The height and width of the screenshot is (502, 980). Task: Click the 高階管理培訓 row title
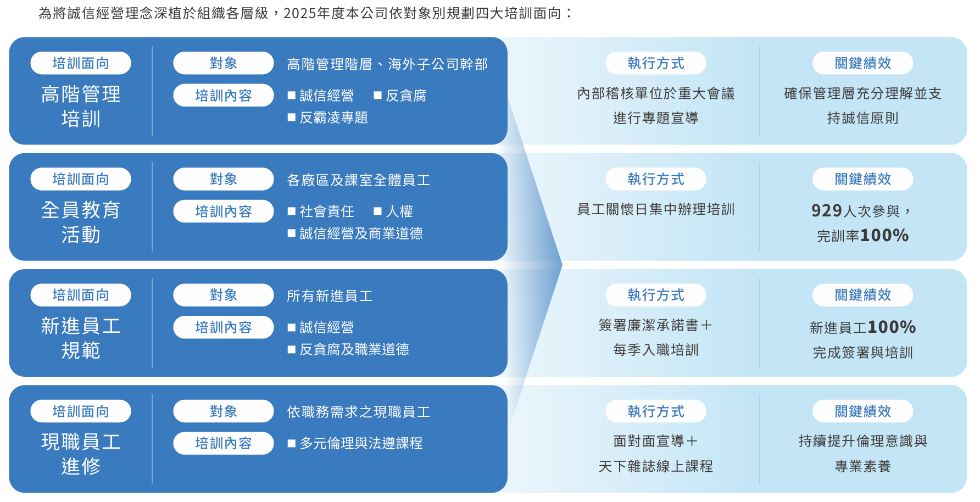[81, 106]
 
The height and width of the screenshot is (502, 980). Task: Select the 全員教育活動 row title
[81, 222]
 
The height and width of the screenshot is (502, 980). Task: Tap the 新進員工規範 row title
[81, 338]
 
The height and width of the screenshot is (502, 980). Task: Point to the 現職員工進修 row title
[81, 454]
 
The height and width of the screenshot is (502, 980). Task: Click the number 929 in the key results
[827, 210]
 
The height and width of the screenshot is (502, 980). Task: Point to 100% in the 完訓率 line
[884, 235]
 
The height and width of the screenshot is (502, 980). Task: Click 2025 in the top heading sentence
[300, 13]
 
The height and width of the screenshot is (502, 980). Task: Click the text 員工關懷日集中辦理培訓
[656, 209]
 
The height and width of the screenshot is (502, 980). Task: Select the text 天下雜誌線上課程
[656, 466]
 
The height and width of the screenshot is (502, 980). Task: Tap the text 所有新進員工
[330, 296]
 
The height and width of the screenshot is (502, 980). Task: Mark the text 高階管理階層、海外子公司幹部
[387, 64]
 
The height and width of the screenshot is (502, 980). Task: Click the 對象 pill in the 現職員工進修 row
[224, 411]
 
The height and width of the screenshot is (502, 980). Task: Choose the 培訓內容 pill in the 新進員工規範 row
[224, 327]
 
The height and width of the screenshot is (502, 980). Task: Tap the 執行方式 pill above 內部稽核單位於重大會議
[656, 63]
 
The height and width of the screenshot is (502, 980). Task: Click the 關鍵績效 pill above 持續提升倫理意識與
[863, 411]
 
